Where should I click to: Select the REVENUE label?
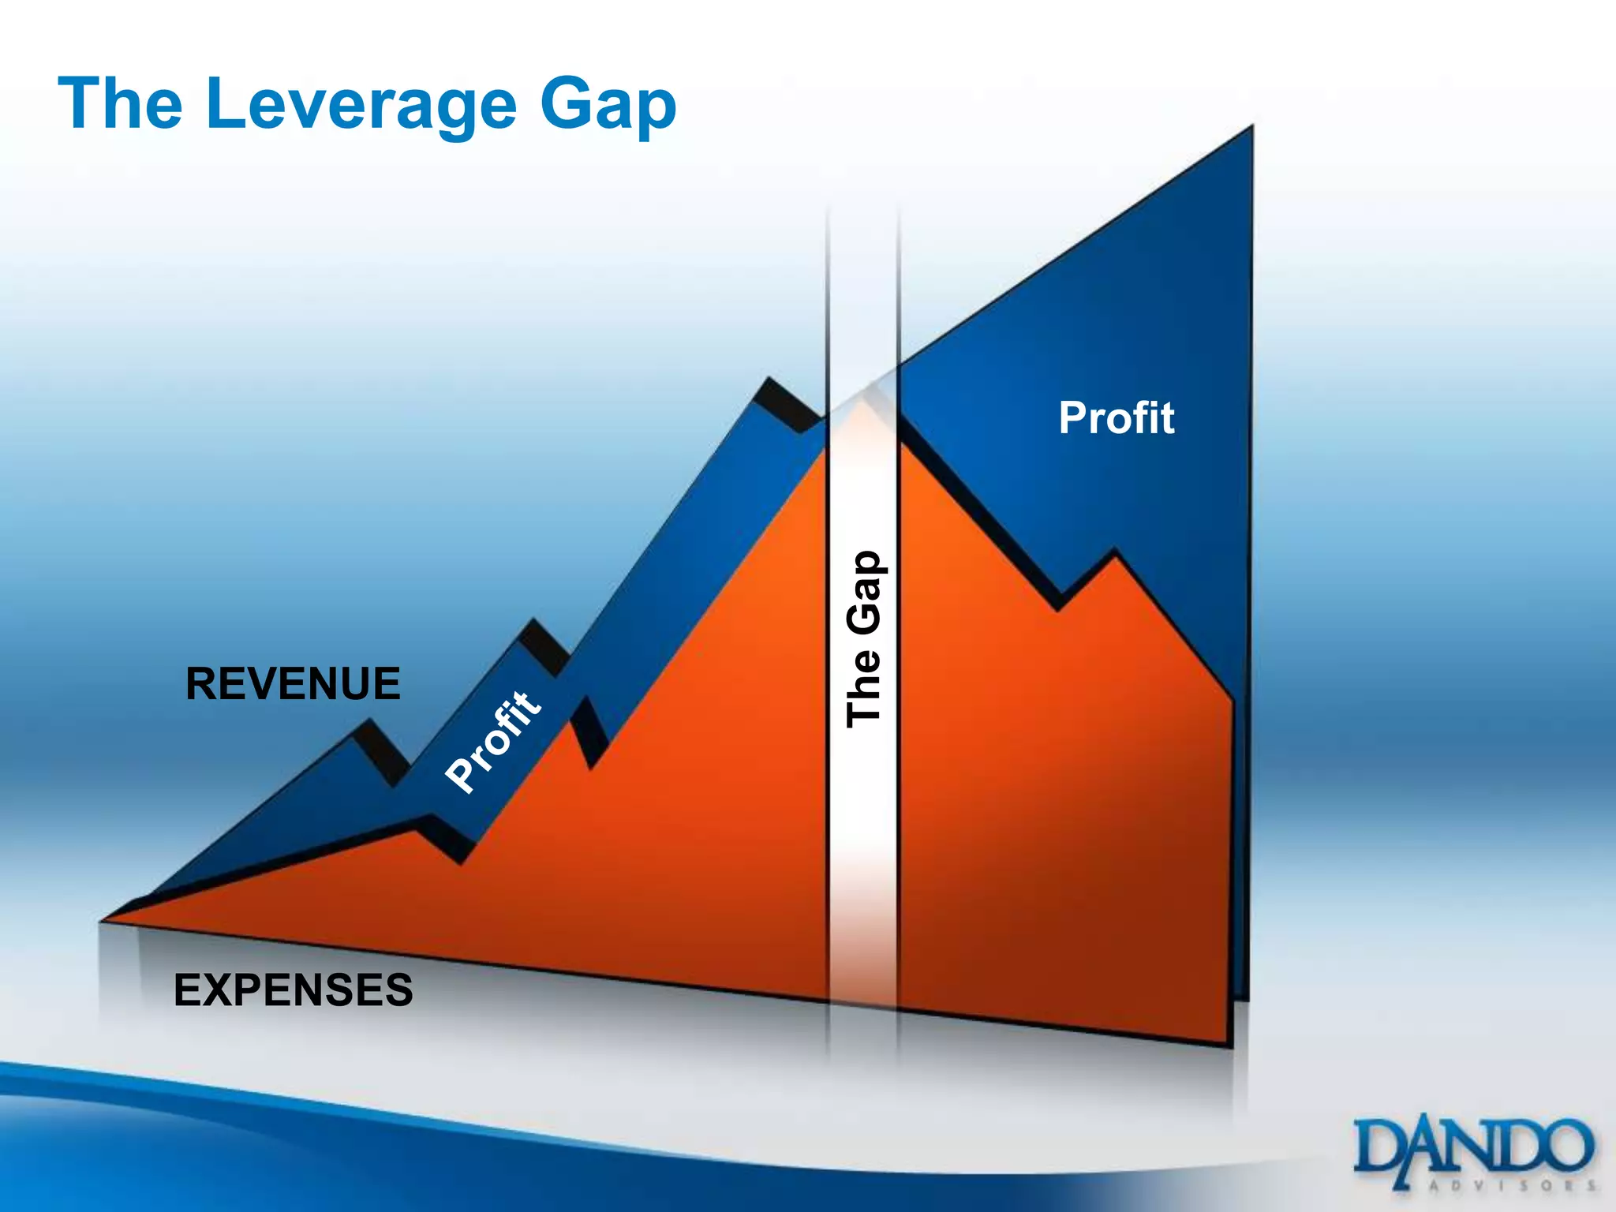(293, 683)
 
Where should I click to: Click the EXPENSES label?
(293, 989)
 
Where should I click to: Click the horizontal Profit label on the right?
(1116, 417)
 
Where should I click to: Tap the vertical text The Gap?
(863, 639)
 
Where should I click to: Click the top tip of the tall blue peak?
(1251, 128)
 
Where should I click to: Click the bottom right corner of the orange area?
(1229, 1045)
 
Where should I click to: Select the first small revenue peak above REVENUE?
(368, 721)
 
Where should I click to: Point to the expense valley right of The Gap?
(1059, 609)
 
